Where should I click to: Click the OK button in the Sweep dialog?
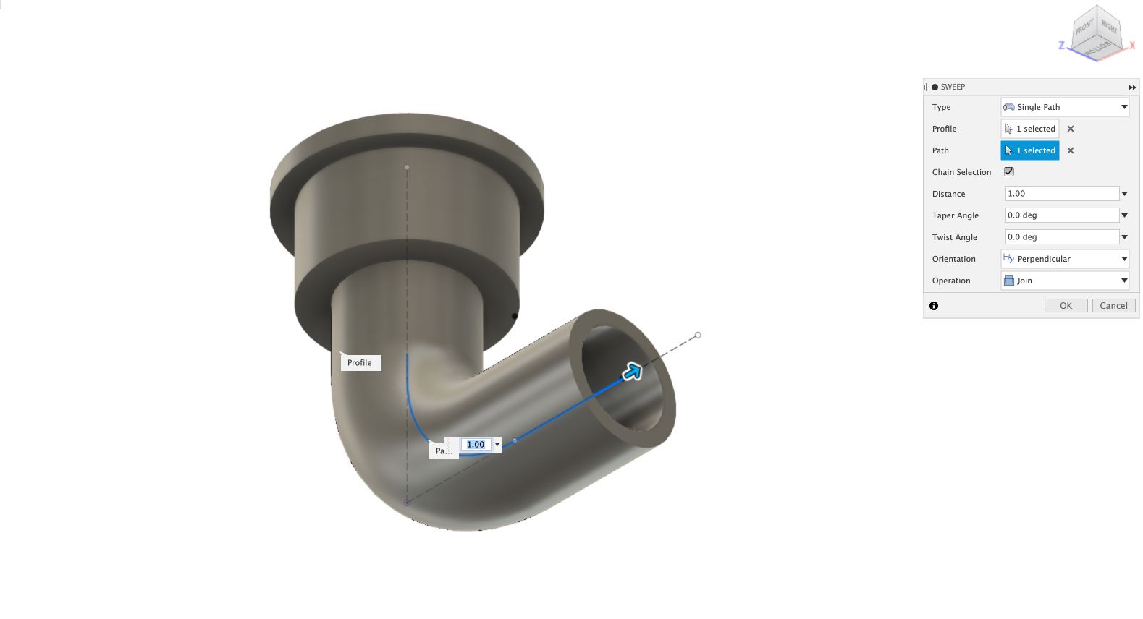click(x=1066, y=305)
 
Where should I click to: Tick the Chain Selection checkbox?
click(x=1009, y=172)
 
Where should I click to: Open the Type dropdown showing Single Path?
click(x=1065, y=107)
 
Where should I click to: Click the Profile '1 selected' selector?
click(x=1030, y=129)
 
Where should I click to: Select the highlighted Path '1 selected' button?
click(x=1030, y=150)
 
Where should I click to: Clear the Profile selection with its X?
click(x=1071, y=129)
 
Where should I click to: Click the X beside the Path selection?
click(x=1071, y=150)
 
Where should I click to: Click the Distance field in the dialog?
click(x=1062, y=194)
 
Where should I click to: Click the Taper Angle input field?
click(x=1062, y=215)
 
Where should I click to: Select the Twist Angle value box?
click(x=1062, y=237)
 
